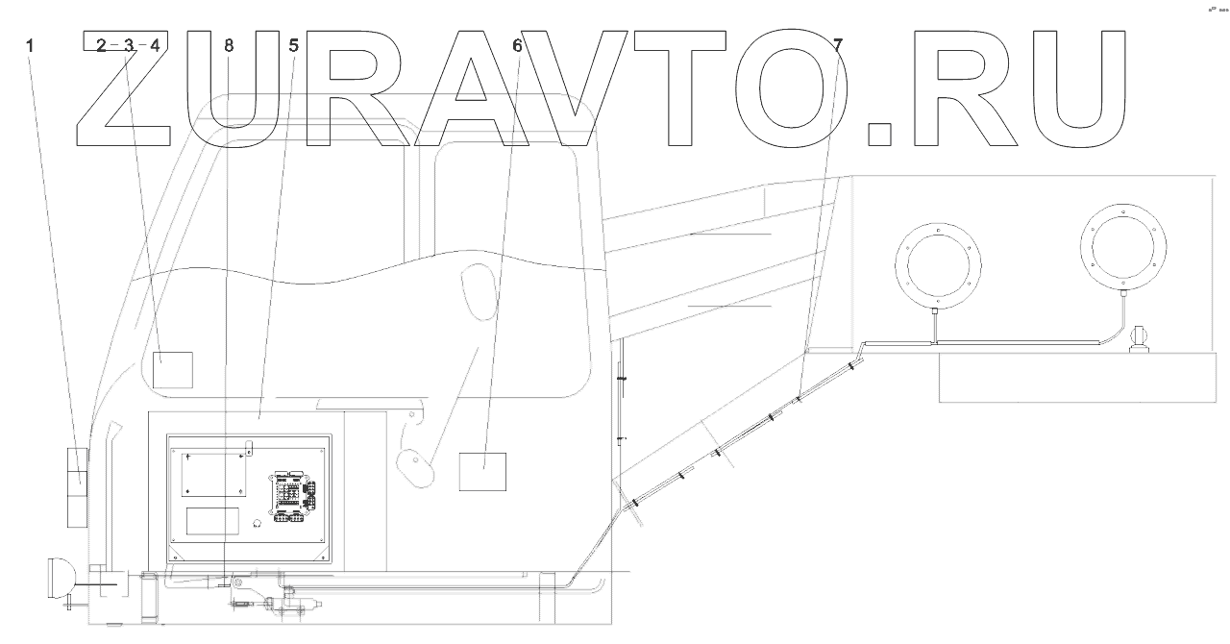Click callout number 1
(x=31, y=44)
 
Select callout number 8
(x=228, y=44)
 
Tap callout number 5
(x=293, y=44)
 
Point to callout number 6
(x=517, y=44)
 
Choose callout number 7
(x=838, y=44)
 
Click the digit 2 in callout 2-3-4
(x=102, y=44)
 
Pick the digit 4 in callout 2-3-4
(x=155, y=44)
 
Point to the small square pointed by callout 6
(x=482, y=471)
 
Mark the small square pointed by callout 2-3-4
(x=173, y=370)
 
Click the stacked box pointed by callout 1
(x=77, y=487)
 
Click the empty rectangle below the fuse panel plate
(x=212, y=521)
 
